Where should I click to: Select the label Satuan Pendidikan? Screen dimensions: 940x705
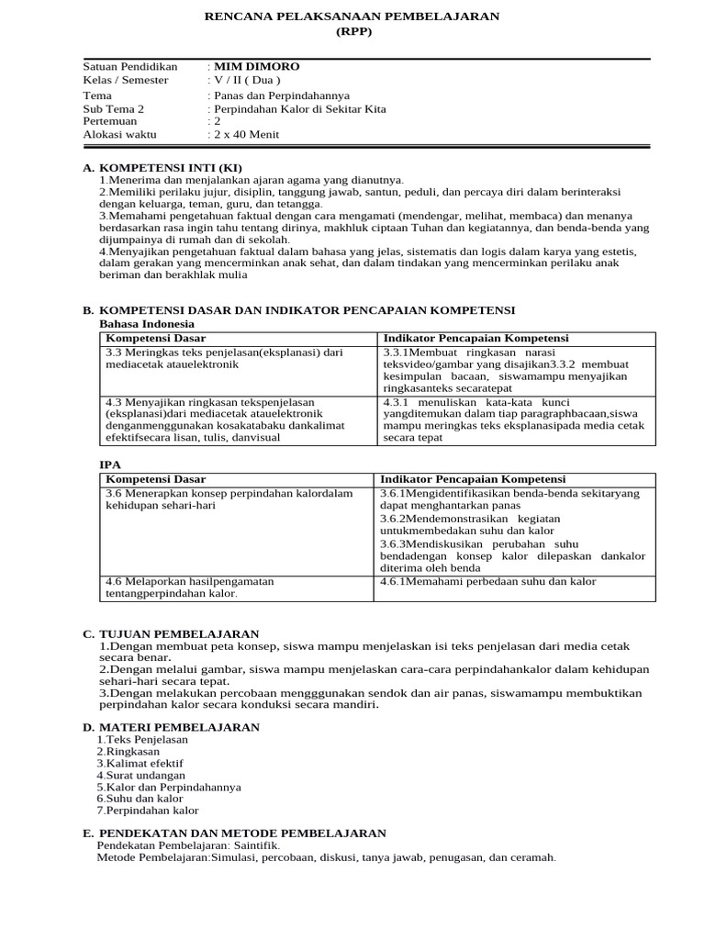130,66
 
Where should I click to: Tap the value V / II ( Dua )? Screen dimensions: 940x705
247,80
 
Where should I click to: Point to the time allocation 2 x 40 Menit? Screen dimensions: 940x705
246,134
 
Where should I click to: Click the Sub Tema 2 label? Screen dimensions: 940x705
114,108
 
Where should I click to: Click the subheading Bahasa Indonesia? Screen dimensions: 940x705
146,324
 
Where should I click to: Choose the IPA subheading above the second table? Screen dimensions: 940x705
109,465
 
